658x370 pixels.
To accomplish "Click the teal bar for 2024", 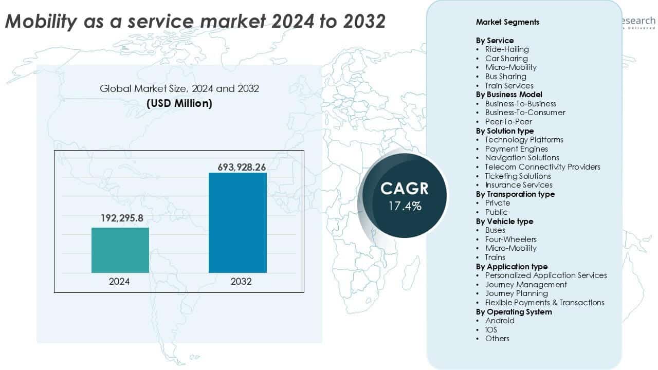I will coord(120,250).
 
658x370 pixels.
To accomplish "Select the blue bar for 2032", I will coord(237,223).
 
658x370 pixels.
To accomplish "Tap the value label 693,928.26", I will coord(237,168).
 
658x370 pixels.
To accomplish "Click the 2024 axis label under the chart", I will coord(119,282).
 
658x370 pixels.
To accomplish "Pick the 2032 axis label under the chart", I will coord(237,282).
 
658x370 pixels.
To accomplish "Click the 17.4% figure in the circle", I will coord(405,207).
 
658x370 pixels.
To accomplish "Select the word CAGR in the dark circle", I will coord(405,188).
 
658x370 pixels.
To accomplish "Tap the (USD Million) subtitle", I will coord(179,103).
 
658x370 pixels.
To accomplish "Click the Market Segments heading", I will coord(507,22).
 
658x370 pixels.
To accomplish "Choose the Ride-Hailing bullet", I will coord(507,49).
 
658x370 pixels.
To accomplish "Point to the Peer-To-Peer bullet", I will coord(508,122).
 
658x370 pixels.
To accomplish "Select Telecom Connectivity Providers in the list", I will coord(542,167).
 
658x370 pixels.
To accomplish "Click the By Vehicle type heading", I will coord(504,221).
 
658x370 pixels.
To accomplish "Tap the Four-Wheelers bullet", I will coord(510,239).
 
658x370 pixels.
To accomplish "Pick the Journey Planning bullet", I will coord(516,293).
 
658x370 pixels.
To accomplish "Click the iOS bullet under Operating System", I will coord(491,329).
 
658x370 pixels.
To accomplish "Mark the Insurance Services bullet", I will coord(519,185).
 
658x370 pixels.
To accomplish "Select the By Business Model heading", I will coord(509,95).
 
